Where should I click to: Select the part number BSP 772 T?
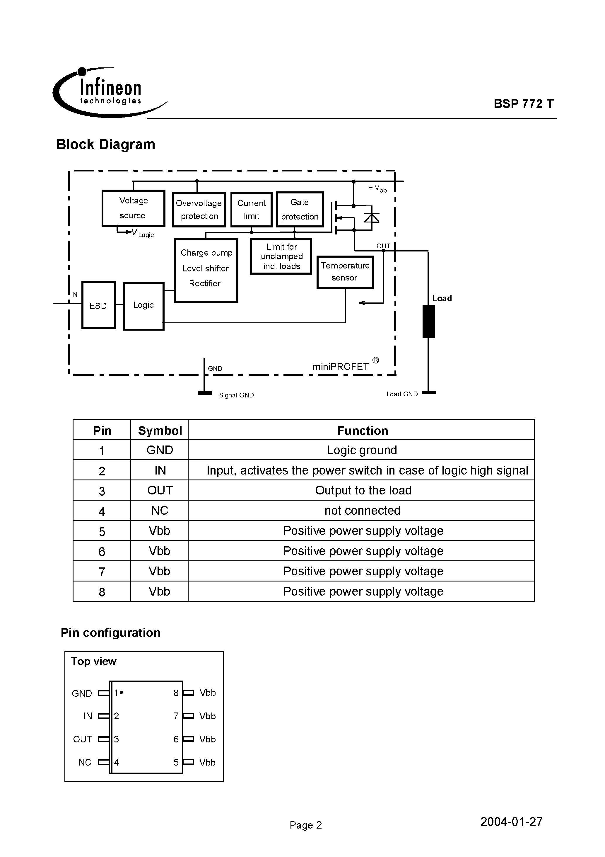[x=523, y=104]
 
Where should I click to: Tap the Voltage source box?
[x=133, y=208]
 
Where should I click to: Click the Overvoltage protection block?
[x=199, y=209]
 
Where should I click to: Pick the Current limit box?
[x=251, y=209]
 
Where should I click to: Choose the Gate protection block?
[x=300, y=209]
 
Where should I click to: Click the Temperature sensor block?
[x=345, y=272]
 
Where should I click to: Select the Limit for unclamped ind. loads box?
[x=281, y=256]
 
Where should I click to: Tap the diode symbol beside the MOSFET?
[x=372, y=217]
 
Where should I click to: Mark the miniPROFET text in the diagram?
[x=341, y=367]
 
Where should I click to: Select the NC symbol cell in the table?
[x=160, y=510]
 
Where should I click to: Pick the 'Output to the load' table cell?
[x=363, y=490]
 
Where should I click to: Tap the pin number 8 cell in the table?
[x=102, y=592]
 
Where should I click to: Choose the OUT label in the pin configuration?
[x=82, y=739]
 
